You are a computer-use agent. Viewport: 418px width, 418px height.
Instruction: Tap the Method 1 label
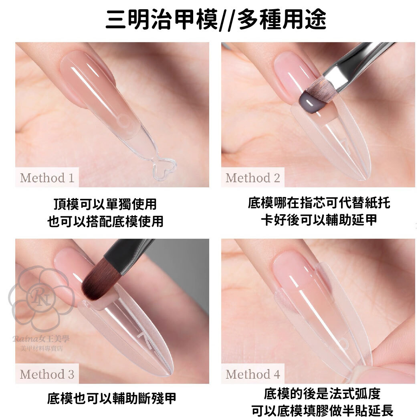tap(47, 178)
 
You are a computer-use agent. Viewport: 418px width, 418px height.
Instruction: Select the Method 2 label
tap(253, 178)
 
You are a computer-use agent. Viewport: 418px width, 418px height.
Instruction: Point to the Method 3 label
tap(47, 374)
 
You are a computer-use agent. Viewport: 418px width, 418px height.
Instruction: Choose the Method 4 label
tap(253, 374)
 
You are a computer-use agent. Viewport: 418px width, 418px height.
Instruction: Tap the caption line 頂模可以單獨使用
tap(105, 205)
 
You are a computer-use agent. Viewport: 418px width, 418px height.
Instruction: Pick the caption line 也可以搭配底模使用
tap(105, 221)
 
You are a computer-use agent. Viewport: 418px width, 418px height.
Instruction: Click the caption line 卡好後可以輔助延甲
tap(319, 220)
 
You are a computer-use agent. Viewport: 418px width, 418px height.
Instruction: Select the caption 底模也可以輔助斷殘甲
tap(112, 398)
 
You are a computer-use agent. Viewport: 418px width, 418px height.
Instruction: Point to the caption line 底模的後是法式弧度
tap(322, 394)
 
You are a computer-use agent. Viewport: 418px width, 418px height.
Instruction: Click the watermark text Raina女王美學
tap(41, 339)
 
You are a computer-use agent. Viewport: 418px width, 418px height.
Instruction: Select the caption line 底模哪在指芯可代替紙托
tap(319, 203)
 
